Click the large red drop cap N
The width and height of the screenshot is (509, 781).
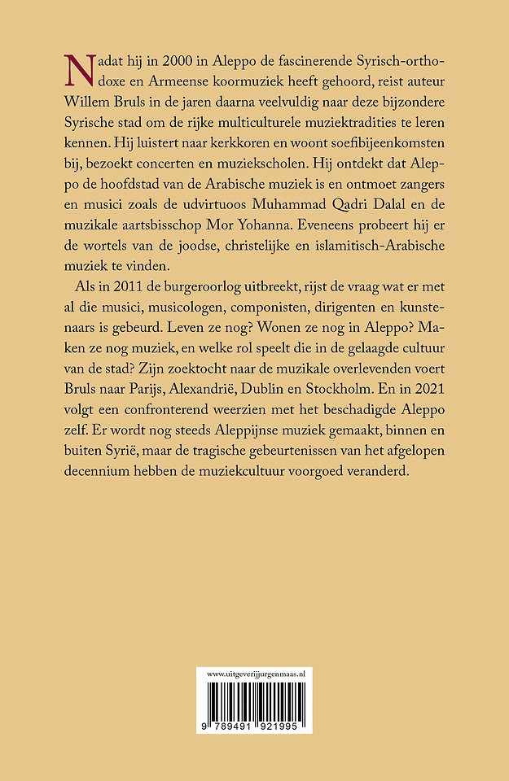pos(78,72)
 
